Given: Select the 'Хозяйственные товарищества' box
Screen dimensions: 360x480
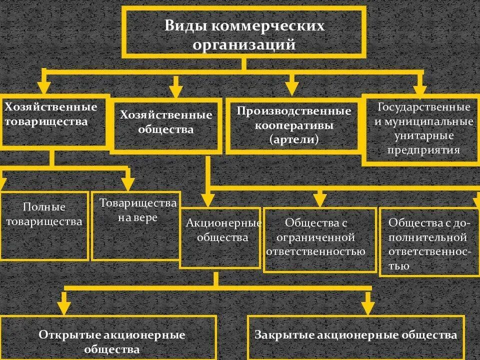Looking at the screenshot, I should (54, 121).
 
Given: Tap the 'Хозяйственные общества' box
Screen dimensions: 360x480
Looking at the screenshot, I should (166, 125).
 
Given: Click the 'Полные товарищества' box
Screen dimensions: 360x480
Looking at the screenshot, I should (44, 225).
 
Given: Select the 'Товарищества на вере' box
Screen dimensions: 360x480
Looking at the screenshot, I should (136, 226).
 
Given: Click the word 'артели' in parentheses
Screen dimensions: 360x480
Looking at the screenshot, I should (294, 140).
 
